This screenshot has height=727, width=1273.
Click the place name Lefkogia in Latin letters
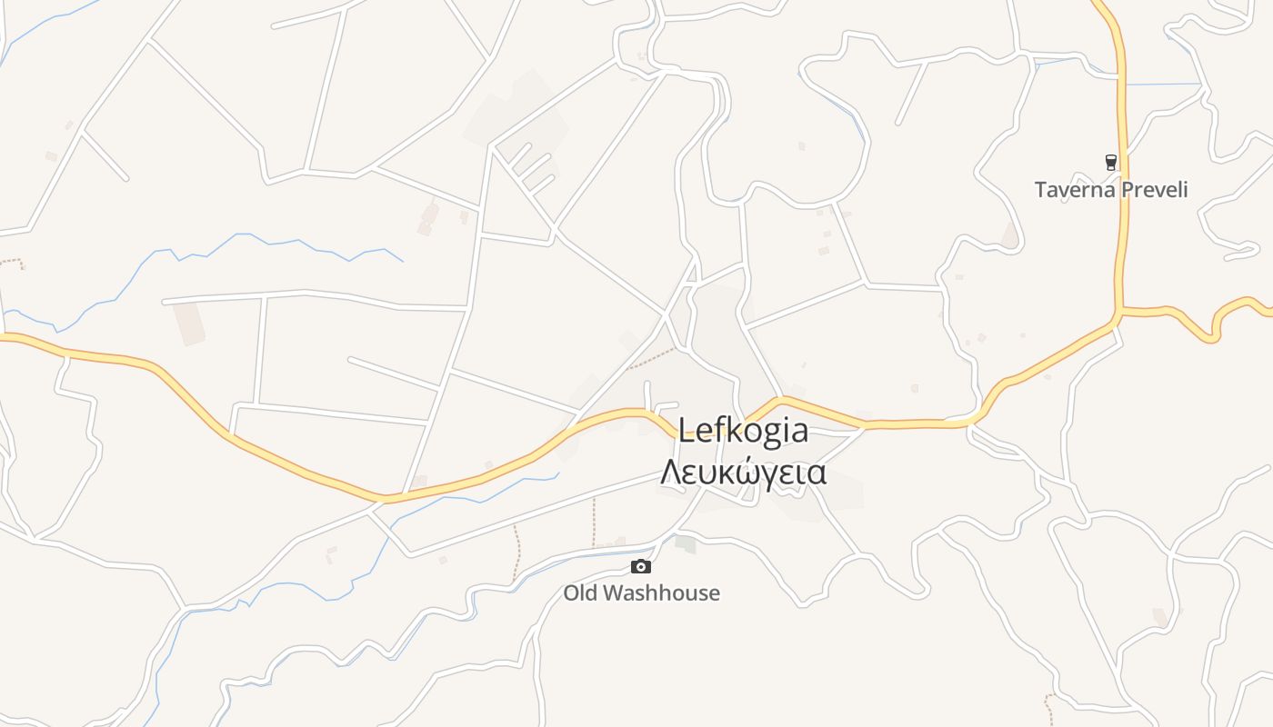point(743,430)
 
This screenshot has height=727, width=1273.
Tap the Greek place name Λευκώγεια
point(743,473)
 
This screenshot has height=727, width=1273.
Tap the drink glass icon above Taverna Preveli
point(1110,163)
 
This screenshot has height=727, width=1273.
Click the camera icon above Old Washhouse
point(641,567)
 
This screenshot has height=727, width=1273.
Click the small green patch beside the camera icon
point(686,545)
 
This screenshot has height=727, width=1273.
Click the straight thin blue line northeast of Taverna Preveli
point(1164,85)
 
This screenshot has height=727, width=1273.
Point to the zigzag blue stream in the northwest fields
point(273,244)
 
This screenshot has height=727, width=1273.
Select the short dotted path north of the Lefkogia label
point(653,356)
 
